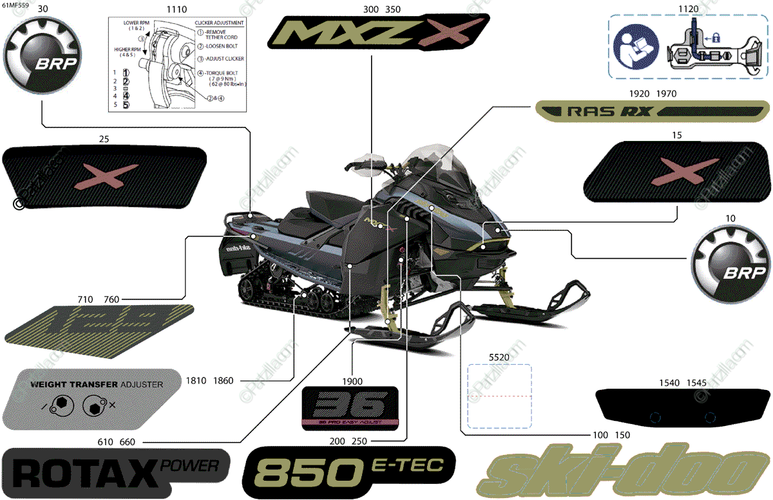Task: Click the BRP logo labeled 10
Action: click(x=730, y=264)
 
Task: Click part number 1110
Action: click(x=177, y=10)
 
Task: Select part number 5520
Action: click(x=499, y=356)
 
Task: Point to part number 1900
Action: click(x=352, y=380)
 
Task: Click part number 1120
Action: click(x=688, y=10)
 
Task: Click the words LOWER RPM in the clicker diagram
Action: click(x=137, y=23)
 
